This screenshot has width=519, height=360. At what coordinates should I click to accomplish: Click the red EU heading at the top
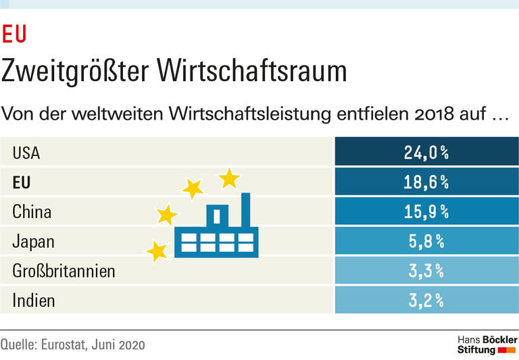(14, 34)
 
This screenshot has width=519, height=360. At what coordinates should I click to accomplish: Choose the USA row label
(26, 153)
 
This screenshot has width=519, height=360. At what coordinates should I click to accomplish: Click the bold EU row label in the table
(22, 182)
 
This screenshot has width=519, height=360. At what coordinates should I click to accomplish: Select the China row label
(32, 212)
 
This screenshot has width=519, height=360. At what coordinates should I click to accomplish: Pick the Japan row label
(33, 242)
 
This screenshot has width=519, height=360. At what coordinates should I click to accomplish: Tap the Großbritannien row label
(64, 272)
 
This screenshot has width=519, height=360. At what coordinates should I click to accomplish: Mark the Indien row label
(33, 301)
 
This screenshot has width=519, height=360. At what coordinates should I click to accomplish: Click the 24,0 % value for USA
(426, 153)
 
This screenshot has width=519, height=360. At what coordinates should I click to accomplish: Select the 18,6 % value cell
(426, 182)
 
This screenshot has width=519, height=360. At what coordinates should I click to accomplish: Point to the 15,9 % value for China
(426, 212)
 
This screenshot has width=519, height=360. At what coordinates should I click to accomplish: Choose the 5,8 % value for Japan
(426, 242)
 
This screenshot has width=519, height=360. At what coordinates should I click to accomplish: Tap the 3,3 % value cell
(426, 272)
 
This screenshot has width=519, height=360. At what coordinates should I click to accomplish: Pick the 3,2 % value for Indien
(426, 301)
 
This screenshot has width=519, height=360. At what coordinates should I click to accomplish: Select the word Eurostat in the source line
(66, 344)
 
